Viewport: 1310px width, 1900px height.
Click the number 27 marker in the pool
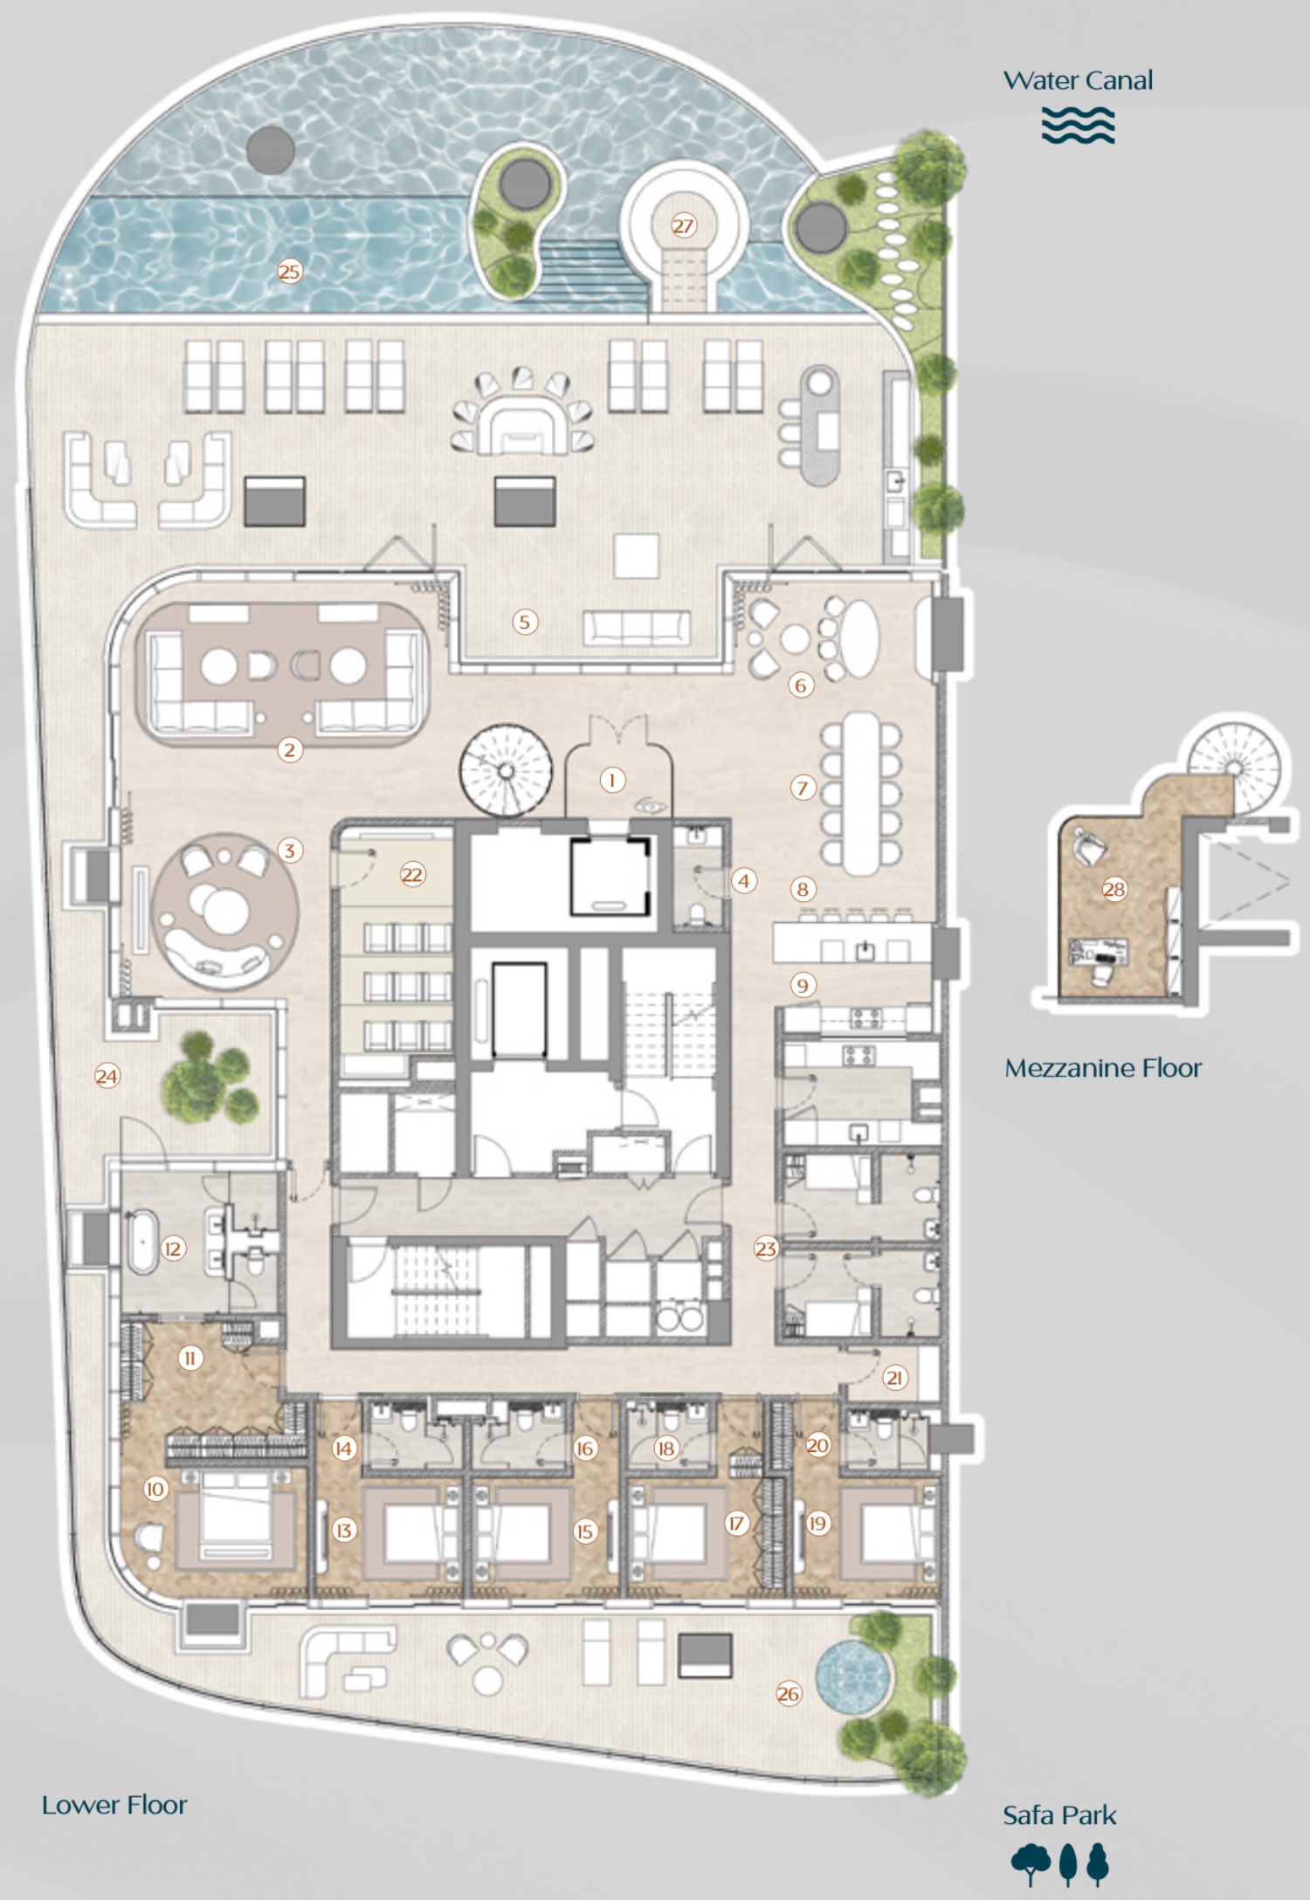(683, 226)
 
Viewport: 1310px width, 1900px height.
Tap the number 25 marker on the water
(289, 272)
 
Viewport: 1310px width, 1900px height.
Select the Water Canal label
(1078, 80)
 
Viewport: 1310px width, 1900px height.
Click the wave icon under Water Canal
(1078, 125)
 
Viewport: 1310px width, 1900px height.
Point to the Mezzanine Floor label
(1102, 1068)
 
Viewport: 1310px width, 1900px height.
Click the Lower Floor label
(114, 1805)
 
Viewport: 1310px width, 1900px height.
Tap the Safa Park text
(1058, 1815)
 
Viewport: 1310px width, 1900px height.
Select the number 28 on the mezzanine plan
(1113, 890)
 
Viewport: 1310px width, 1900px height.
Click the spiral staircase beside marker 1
(506, 771)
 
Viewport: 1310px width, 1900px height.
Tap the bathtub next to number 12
(141, 1242)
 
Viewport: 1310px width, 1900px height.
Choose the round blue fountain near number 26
(851, 1675)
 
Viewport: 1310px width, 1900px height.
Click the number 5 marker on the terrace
(524, 622)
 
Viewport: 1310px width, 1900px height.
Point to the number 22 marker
(411, 874)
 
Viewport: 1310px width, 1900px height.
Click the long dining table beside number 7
(862, 793)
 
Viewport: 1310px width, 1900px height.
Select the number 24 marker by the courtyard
(107, 1076)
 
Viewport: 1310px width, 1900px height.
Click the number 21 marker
(893, 1378)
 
